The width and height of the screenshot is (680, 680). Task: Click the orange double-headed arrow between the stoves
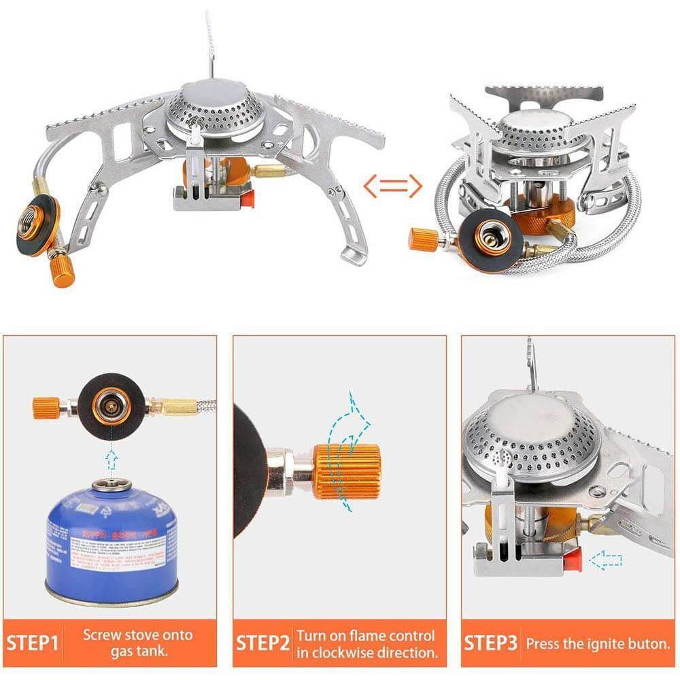(393, 186)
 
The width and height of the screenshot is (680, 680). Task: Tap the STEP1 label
(33, 643)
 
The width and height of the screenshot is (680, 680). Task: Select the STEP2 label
(262, 643)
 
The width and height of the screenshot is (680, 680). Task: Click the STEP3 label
(490, 643)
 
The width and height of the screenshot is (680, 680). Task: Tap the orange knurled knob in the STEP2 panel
(346, 471)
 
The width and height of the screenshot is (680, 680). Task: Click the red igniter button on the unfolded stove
(248, 199)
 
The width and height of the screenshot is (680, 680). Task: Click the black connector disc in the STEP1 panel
(111, 407)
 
